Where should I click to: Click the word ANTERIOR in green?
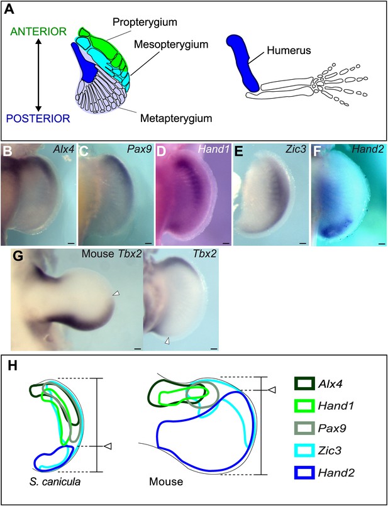coord(38,32)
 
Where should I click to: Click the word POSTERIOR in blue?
coord(38,118)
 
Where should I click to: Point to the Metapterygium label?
coord(176,118)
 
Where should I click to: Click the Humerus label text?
coord(289,50)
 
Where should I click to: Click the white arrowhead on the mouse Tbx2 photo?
coord(116,293)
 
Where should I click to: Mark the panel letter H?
coord(13,366)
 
